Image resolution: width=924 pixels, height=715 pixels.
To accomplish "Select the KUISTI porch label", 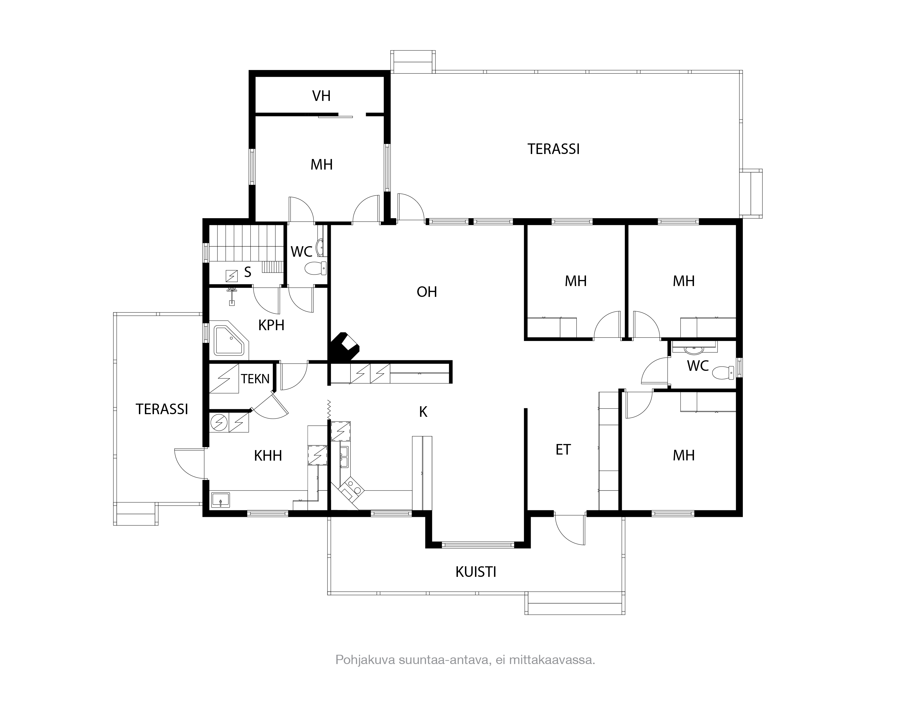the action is tap(476, 572).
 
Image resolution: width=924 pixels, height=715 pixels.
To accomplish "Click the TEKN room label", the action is tap(255, 379).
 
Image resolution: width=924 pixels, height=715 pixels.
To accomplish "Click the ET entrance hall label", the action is tap(563, 450).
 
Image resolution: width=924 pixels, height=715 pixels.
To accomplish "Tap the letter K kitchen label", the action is tap(423, 412).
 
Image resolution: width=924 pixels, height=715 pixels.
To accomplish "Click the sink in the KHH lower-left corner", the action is tap(221, 500).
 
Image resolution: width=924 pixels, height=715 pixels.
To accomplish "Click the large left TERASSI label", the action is tap(162, 409).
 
